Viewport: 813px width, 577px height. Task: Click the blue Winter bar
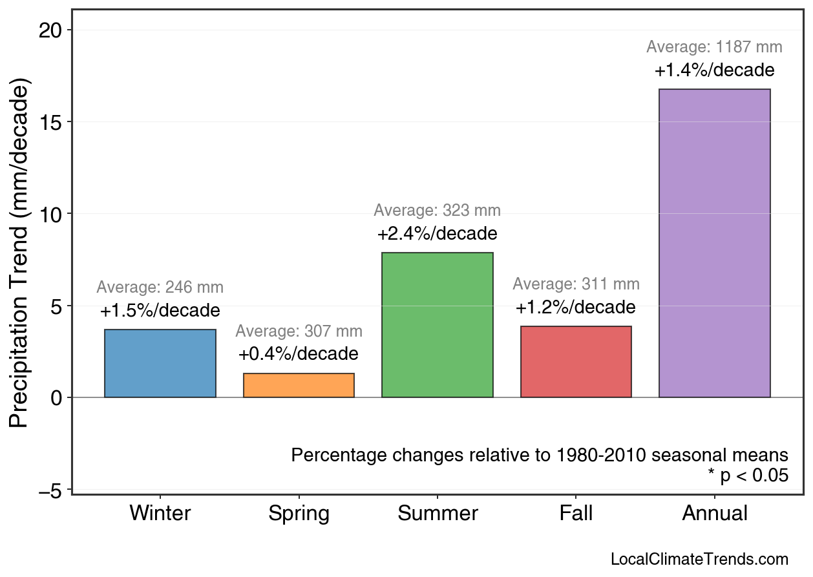[x=160, y=363]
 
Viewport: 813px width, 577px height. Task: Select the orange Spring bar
[x=299, y=385]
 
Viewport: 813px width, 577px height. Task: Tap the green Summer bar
[x=438, y=324]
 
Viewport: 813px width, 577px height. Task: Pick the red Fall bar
[x=576, y=361]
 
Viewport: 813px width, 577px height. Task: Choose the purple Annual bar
[x=714, y=243]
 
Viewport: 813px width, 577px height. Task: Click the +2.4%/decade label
[x=438, y=233]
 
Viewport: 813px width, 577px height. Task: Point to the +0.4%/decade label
[x=299, y=354]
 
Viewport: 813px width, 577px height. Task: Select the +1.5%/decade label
[x=160, y=311]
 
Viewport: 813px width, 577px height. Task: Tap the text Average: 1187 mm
[x=714, y=47]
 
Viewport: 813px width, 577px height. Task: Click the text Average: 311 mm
[x=576, y=284]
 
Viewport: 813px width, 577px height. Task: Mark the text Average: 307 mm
[x=299, y=331]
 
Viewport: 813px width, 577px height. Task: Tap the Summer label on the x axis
[x=438, y=514]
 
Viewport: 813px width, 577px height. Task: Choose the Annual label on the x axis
[x=714, y=514]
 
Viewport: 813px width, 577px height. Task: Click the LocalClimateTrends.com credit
[x=699, y=560]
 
